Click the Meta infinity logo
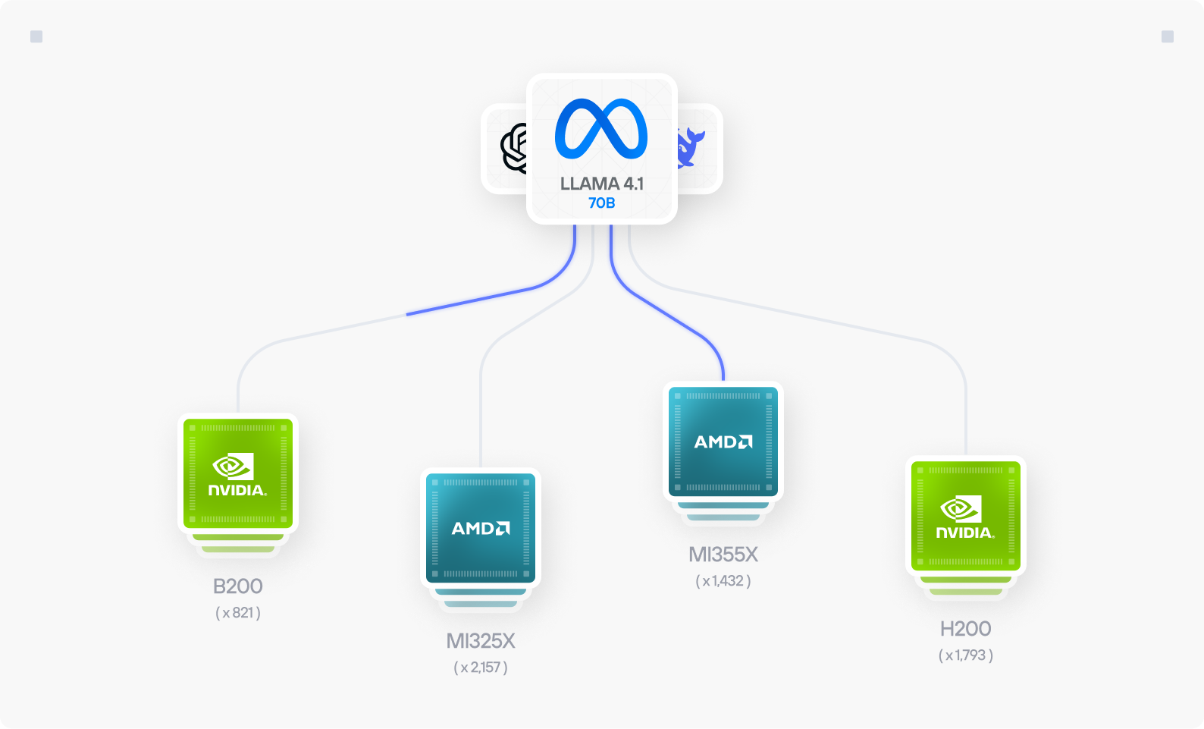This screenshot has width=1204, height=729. (x=601, y=129)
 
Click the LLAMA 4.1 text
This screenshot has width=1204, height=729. (x=601, y=184)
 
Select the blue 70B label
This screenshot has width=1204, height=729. (x=601, y=203)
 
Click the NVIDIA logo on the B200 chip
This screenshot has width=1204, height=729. (x=237, y=475)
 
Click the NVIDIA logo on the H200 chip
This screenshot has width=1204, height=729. (x=965, y=517)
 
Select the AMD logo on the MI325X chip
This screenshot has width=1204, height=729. (x=481, y=528)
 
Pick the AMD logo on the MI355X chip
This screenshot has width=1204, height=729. (x=723, y=441)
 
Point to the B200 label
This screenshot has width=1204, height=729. (x=237, y=586)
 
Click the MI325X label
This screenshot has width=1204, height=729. (x=481, y=641)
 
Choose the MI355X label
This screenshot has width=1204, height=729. (x=723, y=555)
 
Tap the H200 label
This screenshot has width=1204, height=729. (x=965, y=629)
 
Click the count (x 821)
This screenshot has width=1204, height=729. (x=237, y=613)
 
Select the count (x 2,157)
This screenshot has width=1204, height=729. (x=481, y=668)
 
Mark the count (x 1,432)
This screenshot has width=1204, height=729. (x=723, y=581)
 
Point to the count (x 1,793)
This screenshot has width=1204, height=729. (x=965, y=655)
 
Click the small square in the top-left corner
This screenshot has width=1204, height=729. (x=36, y=36)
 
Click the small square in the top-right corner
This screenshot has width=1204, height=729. (x=1168, y=36)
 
